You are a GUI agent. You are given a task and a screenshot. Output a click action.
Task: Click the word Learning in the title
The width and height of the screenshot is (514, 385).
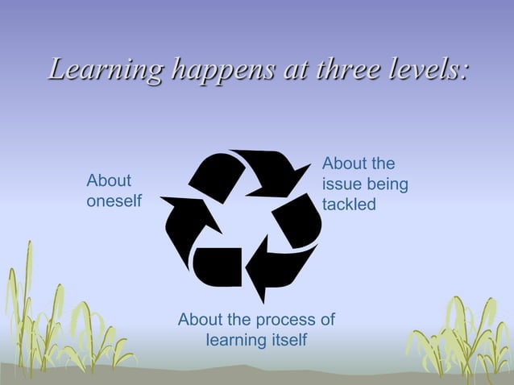95,69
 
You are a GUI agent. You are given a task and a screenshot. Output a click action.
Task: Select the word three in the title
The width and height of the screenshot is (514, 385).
334,69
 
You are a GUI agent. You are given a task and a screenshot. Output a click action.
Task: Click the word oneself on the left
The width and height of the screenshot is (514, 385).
114,201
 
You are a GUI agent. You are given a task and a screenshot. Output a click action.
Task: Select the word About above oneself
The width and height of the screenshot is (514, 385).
109,180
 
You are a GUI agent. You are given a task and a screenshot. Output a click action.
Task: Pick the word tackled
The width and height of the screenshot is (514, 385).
349,205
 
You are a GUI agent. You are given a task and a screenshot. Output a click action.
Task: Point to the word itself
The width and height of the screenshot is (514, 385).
287,339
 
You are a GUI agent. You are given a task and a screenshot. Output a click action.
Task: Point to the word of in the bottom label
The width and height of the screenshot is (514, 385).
326,320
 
